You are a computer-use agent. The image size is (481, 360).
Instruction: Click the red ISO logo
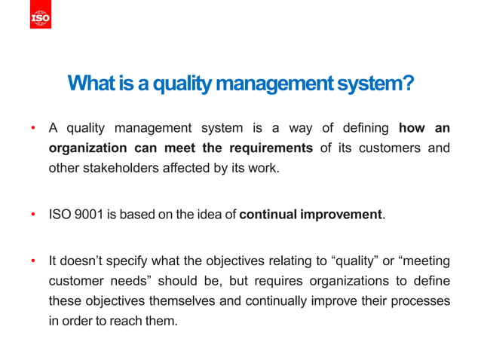[x=41, y=18]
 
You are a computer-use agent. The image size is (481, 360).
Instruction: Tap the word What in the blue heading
[x=88, y=83]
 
